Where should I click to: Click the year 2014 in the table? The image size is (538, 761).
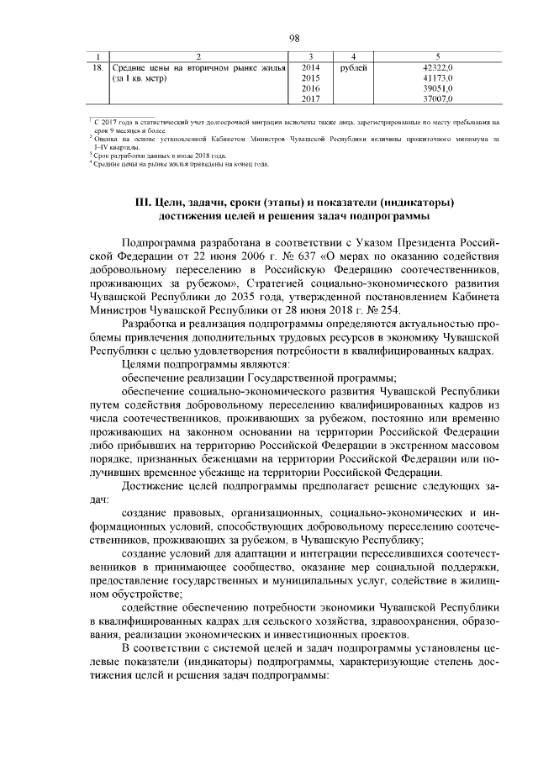(310, 66)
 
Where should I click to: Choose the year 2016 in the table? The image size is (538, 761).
(310, 88)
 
